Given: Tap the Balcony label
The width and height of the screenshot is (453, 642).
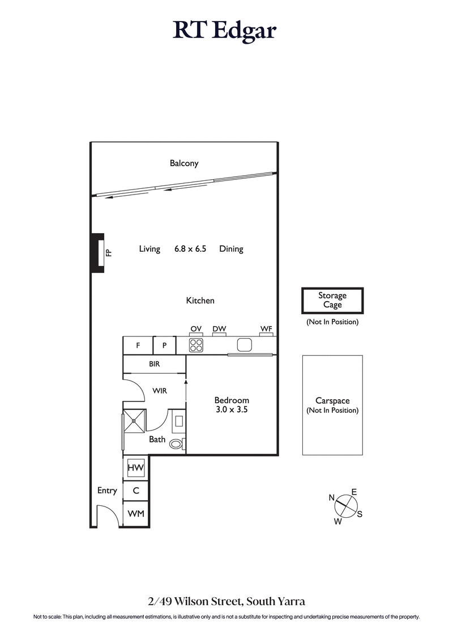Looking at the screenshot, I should pos(184,163).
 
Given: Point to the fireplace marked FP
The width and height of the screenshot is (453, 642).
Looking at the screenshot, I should pos(100,252).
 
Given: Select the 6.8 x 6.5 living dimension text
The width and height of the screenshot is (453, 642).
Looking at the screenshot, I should pos(190,248).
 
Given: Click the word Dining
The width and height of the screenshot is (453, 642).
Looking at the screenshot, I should pos(231,248).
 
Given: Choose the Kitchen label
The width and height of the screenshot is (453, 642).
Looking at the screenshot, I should pos(200,300).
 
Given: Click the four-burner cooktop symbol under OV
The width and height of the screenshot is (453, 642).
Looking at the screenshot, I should pos(196,345).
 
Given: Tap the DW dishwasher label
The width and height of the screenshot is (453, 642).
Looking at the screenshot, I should pos(219,328).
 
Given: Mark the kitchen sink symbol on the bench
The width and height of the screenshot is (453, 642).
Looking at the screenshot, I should pos(244,345).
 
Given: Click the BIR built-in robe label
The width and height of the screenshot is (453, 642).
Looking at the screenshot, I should pos(155,364).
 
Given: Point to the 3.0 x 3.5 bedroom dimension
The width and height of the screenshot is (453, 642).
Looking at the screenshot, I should pos(232,409).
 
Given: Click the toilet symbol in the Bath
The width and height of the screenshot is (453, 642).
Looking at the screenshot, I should pos(176,444).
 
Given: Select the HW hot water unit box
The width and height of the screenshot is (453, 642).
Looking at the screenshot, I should pos(136,468).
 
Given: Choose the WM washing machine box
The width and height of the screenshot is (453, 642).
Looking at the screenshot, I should pos(136,514).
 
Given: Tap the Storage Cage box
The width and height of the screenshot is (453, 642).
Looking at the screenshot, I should pos(332,300).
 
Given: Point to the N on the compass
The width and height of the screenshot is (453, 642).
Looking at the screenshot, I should pos(332,497).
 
